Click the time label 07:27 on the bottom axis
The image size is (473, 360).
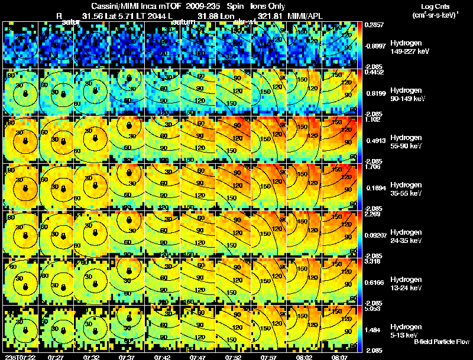click(x=56, y=357)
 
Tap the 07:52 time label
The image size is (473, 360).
click(x=232, y=357)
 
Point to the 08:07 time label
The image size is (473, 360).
click(x=339, y=357)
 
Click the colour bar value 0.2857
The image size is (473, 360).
click(x=375, y=25)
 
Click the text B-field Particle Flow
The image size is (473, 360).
click(x=441, y=342)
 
